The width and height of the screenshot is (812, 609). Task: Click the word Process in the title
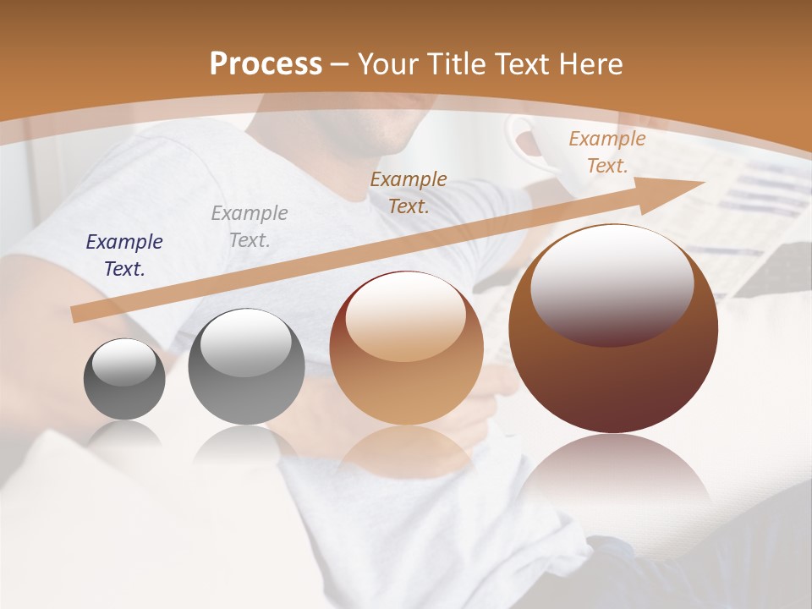266,63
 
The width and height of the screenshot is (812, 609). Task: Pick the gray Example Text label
250,226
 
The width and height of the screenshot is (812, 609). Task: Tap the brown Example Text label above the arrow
409,192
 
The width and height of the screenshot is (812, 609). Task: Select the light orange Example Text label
606,152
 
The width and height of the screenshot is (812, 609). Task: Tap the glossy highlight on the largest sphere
612,283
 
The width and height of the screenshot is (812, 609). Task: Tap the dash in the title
340,64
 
